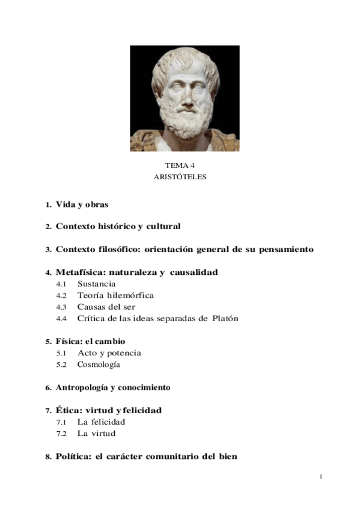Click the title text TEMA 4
tap(180, 165)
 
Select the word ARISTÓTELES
tap(180, 177)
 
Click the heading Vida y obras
tap(82, 204)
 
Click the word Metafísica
tap(79, 272)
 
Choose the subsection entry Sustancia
tap(96, 283)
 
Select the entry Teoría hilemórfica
tap(115, 295)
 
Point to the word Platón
tap(225, 318)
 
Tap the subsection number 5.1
tap(61, 353)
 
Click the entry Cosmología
tap(99, 364)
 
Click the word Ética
tap(67, 410)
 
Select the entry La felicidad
tap(101, 422)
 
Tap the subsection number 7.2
tap(61, 434)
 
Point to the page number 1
tap(321, 477)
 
